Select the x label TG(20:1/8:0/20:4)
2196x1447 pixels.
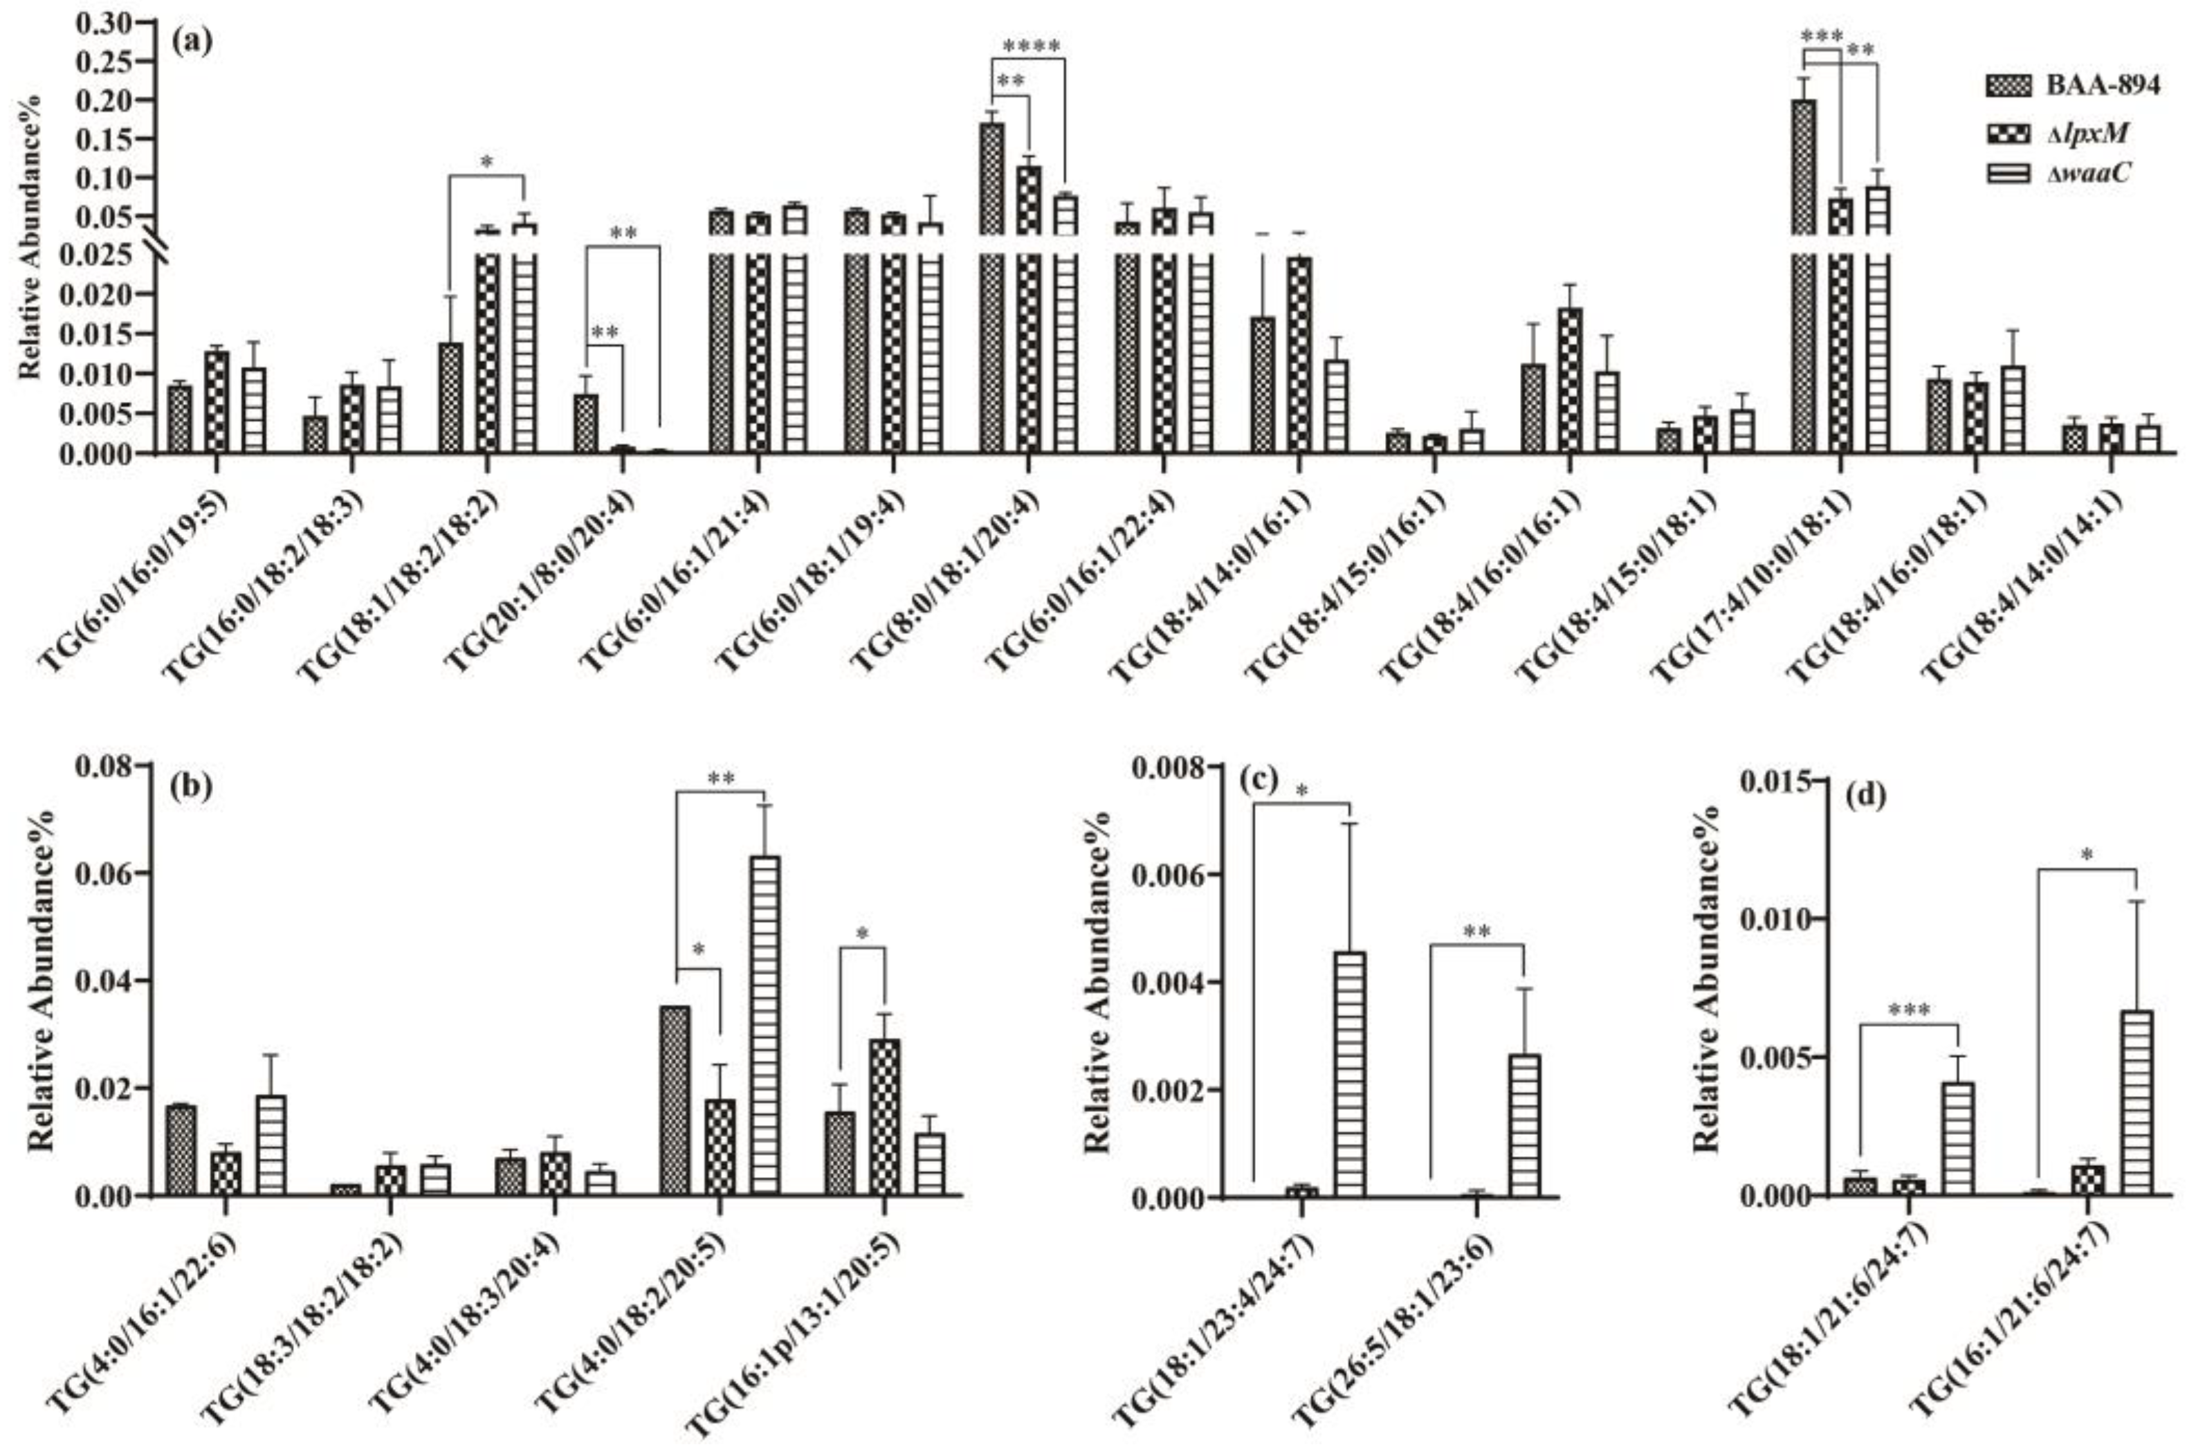tap(545, 587)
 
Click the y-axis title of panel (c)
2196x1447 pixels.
tap(1097, 980)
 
